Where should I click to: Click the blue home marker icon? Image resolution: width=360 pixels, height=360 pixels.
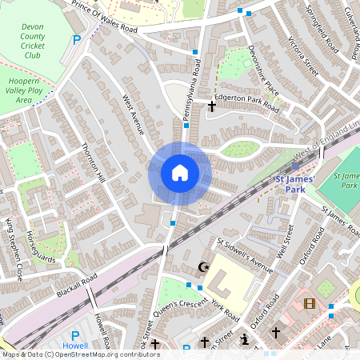click(x=180, y=173)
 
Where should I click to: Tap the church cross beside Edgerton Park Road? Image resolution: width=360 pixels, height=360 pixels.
click(x=213, y=105)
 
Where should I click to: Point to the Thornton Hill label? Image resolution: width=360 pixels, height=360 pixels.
click(x=94, y=162)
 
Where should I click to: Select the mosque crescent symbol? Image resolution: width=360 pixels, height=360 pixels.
click(x=202, y=267)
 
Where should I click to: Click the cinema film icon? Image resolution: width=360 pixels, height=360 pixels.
click(x=310, y=303)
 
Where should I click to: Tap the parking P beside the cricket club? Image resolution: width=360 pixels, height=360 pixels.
click(x=77, y=39)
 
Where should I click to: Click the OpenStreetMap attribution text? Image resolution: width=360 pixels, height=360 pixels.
click(x=80, y=354)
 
